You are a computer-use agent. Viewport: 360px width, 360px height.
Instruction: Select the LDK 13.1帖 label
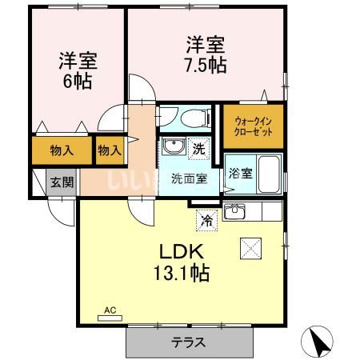click(x=182, y=262)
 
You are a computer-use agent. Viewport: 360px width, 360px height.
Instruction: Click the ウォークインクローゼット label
click(x=252, y=125)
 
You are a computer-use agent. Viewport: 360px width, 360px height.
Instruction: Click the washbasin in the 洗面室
click(x=172, y=147)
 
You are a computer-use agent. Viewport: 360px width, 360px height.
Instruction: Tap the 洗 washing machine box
click(x=200, y=147)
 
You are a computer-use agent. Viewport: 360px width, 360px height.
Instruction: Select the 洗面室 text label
click(x=189, y=178)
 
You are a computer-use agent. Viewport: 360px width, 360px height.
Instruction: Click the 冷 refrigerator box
click(x=206, y=218)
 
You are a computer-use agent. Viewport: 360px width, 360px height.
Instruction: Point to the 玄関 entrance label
click(x=63, y=182)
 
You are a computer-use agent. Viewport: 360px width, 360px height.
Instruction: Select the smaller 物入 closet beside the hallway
click(x=110, y=150)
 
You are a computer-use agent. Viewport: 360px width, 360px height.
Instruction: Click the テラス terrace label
click(x=189, y=342)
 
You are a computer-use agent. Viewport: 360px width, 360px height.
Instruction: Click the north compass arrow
click(x=320, y=342)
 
